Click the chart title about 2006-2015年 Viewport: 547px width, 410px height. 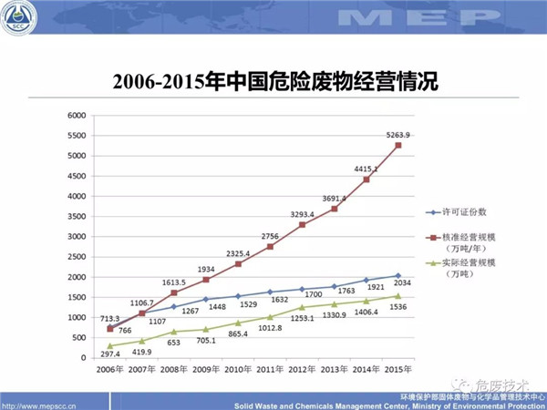point(274,83)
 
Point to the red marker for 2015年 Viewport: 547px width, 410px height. point(397,146)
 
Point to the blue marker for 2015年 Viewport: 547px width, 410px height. point(397,276)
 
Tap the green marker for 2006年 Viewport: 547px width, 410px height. point(110,346)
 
